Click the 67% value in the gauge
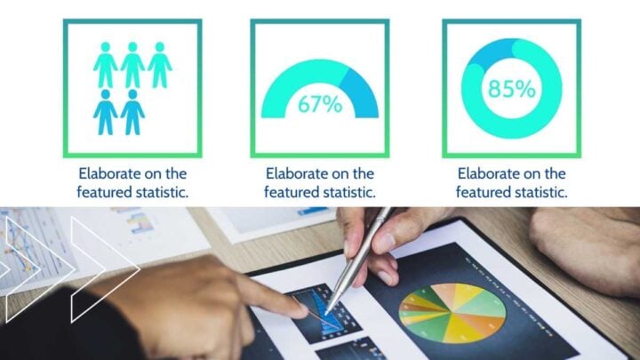coord(320,104)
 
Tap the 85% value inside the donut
coord(511,89)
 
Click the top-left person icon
coord(105,65)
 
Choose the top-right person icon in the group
coord(160,65)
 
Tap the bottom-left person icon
coord(105,112)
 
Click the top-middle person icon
coord(132,65)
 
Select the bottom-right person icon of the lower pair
coord(132,112)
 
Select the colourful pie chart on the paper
coord(452,313)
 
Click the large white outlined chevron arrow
coord(105,269)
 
